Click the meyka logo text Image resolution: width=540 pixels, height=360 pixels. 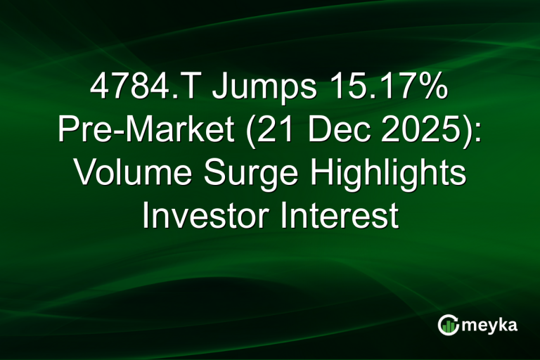click(x=490, y=325)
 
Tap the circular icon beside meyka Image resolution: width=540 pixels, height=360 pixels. click(x=448, y=324)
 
